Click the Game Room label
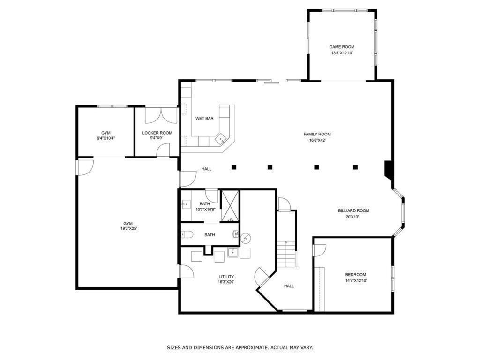[342, 47]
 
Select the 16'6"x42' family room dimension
[317, 140]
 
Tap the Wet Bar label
[204, 119]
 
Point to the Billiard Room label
[353, 211]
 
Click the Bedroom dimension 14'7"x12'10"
[356, 280]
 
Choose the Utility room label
[226, 277]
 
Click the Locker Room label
[157, 133]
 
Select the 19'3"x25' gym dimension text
[128, 229]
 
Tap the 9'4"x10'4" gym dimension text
[106, 138]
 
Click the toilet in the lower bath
[187, 235]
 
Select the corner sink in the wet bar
[221, 139]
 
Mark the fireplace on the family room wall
[389, 170]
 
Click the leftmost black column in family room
[233, 167]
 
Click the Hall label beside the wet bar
[206, 169]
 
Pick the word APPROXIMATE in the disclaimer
[250, 348]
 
